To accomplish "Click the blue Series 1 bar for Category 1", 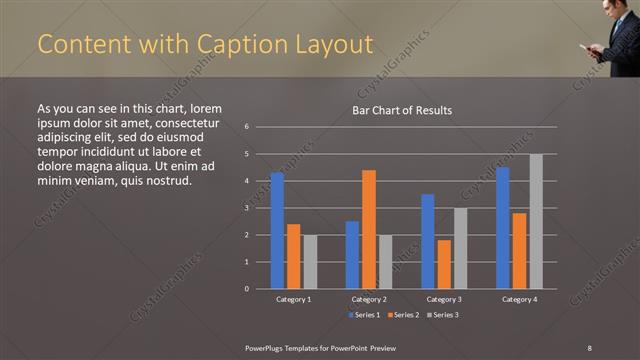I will coord(277,231).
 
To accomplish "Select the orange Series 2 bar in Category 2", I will coord(369,229).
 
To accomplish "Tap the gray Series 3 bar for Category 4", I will coord(536,221).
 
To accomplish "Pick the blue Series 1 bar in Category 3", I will coord(428,241).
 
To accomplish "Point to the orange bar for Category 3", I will coord(444,264).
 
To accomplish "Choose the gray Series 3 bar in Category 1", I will coord(310,262).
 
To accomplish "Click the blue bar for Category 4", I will coord(503,228).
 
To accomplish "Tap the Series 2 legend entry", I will coord(401,315).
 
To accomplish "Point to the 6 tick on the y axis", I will coord(246,127).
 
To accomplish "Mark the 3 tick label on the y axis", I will coord(246,208).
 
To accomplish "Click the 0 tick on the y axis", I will coord(246,289).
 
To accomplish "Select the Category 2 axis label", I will coord(369,299).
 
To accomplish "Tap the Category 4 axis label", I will coord(519,299).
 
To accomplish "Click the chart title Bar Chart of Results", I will coord(402,110).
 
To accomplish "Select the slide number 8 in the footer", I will coord(590,346).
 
